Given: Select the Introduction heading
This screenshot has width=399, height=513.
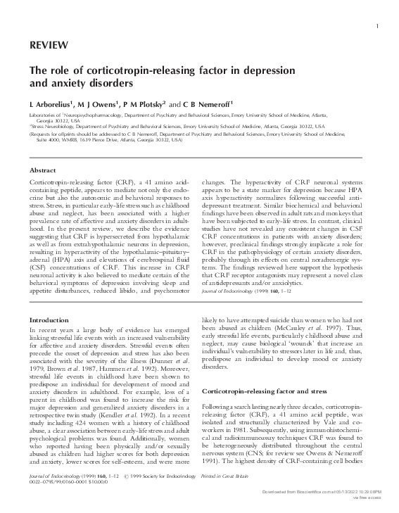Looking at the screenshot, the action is tap(49, 320).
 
